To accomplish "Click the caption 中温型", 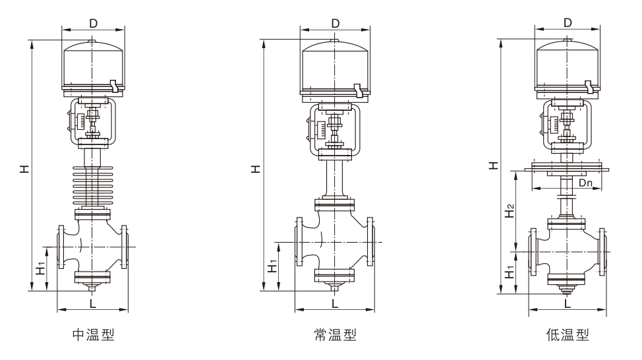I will point(93,335).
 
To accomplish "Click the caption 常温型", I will point(335,335).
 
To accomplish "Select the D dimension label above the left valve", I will point(93,23).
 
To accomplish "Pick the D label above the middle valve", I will point(335,23).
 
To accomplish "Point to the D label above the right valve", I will point(568,23).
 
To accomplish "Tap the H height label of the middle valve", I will point(255,169).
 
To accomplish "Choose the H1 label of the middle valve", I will point(272,266).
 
